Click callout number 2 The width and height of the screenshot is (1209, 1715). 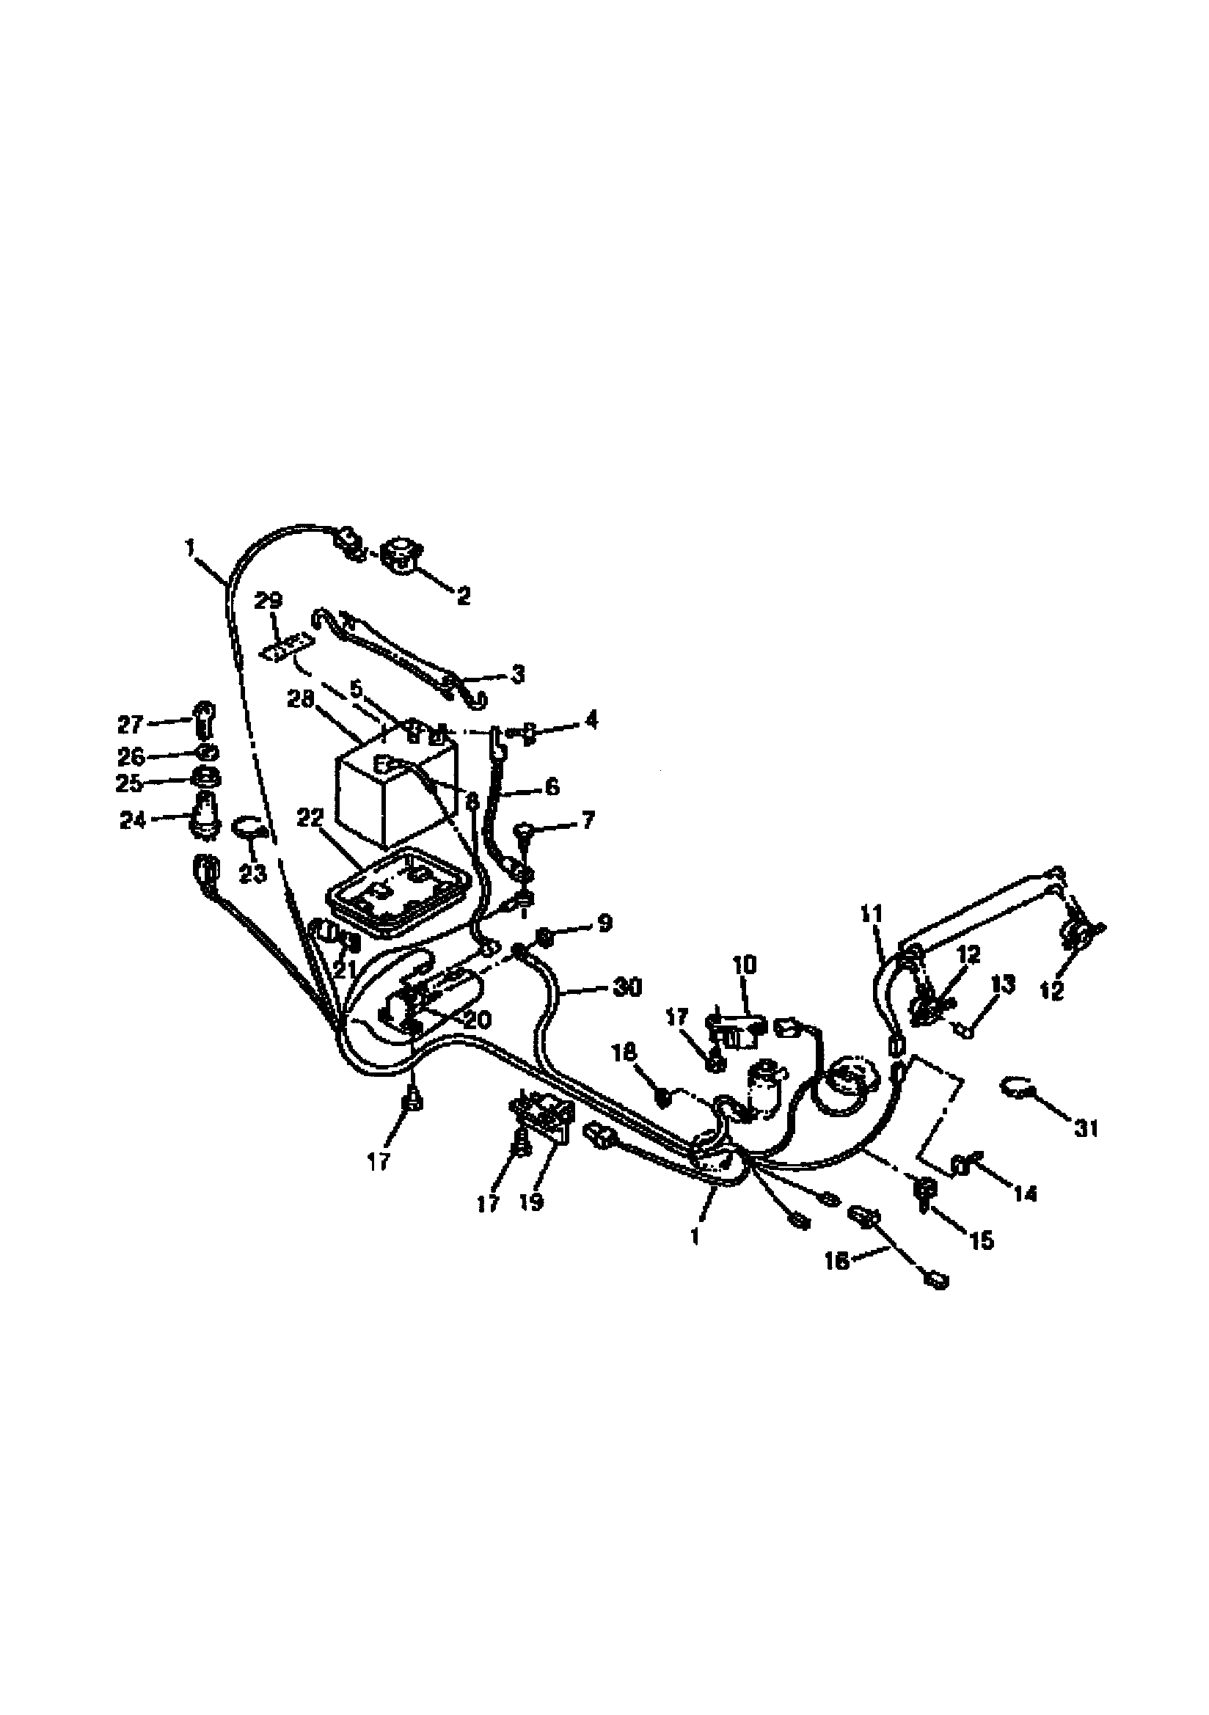pyautogui.click(x=463, y=596)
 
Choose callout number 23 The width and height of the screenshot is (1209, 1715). pyautogui.click(x=253, y=873)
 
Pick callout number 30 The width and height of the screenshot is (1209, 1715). pyautogui.click(x=627, y=987)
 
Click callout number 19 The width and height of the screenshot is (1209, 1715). pyautogui.click(x=532, y=1203)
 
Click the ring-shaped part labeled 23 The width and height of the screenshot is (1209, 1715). pyautogui.click(x=249, y=827)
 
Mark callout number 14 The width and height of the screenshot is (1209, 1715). pyautogui.click(x=1026, y=1193)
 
